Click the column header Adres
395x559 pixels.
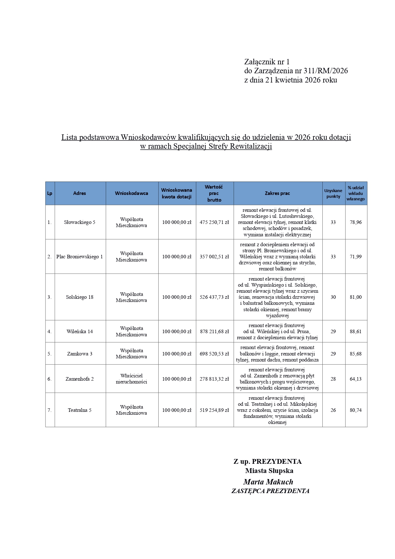[x=80, y=193]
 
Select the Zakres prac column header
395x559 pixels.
[x=277, y=193]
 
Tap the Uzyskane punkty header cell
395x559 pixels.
[x=333, y=193]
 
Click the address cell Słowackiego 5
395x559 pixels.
[x=80, y=222]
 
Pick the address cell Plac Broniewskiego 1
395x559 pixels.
[x=80, y=257]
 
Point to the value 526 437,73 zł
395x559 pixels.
[x=214, y=297]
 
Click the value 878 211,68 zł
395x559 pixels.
[x=214, y=332]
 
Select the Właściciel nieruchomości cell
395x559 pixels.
[x=131, y=379]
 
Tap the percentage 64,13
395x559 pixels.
[x=355, y=379]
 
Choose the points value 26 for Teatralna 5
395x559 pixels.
[x=333, y=410]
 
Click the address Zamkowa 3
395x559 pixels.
[x=80, y=354]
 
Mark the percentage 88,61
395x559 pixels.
[x=355, y=332]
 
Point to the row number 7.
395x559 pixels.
[x=49, y=410]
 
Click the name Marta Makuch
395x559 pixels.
[x=268, y=482]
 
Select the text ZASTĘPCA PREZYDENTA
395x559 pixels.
[x=270, y=491]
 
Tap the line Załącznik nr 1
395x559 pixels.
[x=267, y=62]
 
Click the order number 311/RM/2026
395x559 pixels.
[x=326, y=71]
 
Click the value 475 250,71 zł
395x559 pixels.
[x=214, y=222]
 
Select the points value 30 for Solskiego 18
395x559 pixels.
[x=333, y=297]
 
